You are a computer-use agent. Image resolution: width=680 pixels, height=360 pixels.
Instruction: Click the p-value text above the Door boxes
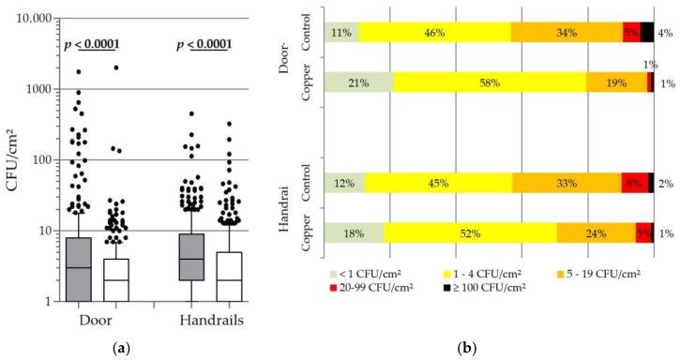point(92,44)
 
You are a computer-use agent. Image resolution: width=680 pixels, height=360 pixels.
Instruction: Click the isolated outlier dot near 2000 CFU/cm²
point(116,67)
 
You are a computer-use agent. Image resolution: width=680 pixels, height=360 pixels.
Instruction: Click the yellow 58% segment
point(490,82)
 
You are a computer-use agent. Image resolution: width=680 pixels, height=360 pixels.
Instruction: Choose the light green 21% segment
point(358,82)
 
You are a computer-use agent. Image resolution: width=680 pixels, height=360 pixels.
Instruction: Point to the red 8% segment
point(634,183)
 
